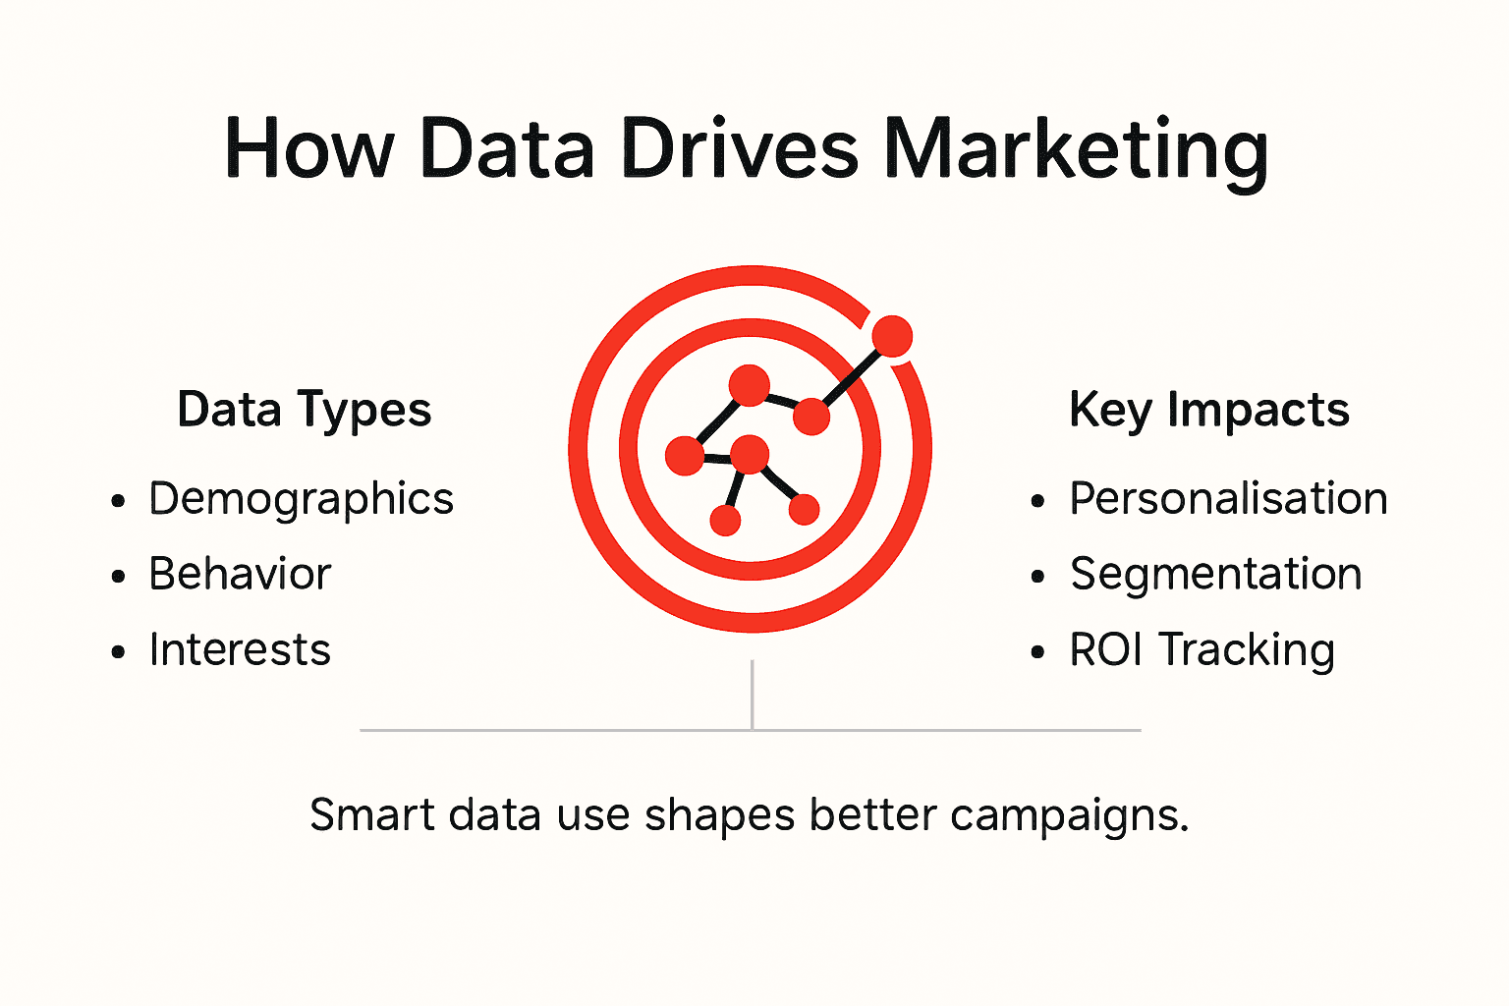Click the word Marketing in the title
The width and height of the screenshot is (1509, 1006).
tap(1076, 149)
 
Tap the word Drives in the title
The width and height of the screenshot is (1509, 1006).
tap(741, 149)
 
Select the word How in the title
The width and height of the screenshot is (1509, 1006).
tap(309, 149)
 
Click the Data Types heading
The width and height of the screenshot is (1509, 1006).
tap(304, 410)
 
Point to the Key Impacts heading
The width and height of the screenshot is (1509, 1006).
tap(1208, 410)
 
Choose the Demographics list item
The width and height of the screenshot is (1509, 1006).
tap(301, 499)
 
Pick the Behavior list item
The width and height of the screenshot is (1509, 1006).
tap(240, 574)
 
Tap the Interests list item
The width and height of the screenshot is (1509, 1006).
tap(240, 649)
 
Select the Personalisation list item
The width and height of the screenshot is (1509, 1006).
tap(1228, 499)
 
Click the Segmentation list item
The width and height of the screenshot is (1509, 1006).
tap(1215, 574)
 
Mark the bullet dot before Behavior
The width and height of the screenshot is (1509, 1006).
tap(119, 577)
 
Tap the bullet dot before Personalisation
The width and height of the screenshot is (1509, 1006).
tap(1038, 502)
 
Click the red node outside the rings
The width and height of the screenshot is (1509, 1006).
tap(892, 337)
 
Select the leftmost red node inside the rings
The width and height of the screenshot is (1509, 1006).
tap(685, 456)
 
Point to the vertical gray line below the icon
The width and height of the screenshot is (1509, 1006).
tap(752, 694)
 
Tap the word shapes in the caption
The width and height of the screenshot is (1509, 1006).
tap(719, 815)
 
